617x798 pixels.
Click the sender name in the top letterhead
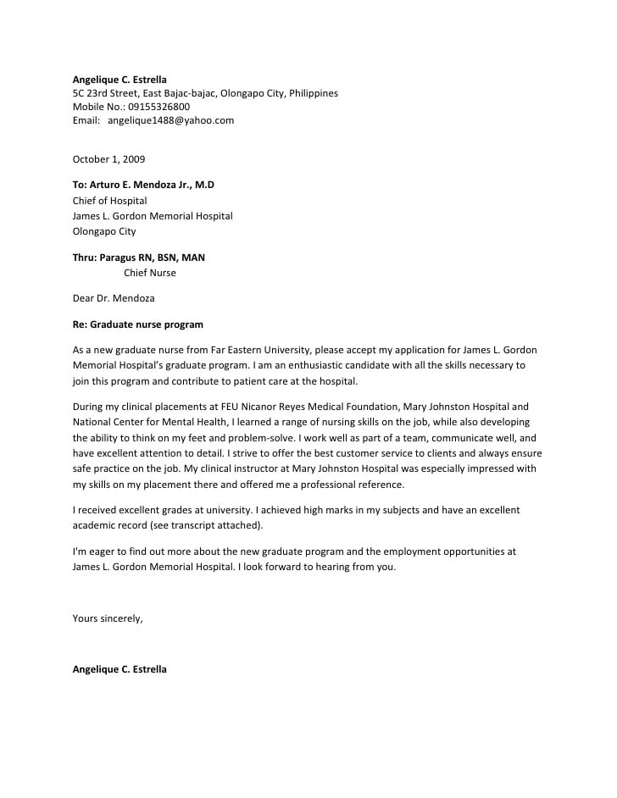click(x=120, y=80)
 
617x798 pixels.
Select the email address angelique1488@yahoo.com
click(x=170, y=120)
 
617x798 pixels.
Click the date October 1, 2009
click(x=108, y=158)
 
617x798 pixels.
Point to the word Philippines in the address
click(x=313, y=93)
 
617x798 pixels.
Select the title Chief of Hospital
click(x=109, y=201)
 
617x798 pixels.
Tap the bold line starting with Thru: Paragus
click(x=138, y=258)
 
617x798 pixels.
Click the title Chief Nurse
click(x=150, y=273)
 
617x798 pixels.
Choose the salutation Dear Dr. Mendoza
click(x=114, y=298)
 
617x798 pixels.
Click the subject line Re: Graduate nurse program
click(x=137, y=324)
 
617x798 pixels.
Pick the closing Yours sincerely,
click(x=108, y=618)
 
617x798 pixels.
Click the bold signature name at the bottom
click(x=120, y=669)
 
